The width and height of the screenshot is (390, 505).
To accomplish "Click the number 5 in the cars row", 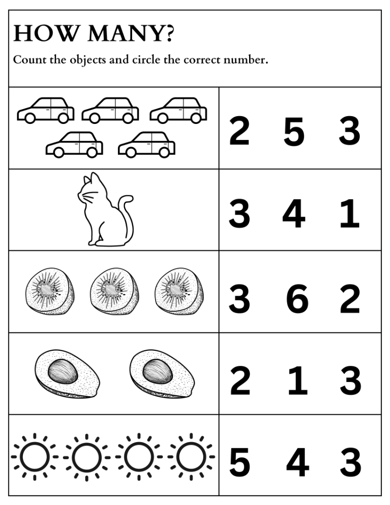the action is click(294, 131).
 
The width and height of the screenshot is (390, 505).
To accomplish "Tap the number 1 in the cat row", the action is click(350, 213).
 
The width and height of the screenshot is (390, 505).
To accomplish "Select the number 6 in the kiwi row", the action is click(297, 299).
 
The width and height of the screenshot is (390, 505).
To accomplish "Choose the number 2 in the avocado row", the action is click(240, 381).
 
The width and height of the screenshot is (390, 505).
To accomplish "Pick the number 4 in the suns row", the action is click(298, 463).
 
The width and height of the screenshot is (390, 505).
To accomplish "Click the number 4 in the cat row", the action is click(294, 213).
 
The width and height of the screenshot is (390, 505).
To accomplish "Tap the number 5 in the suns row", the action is click(240, 463).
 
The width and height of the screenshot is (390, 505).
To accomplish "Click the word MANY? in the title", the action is click(130, 34).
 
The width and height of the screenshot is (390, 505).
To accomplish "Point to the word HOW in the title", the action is click(46, 34).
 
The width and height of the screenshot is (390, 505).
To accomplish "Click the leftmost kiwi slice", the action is click(50, 291).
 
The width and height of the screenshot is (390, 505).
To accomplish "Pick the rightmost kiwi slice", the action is click(179, 291).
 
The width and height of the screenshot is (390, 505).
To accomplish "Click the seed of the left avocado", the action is click(63, 371).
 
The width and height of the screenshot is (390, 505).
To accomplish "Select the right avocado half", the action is click(162, 374).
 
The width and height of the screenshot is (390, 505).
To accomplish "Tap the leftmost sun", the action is click(35, 457).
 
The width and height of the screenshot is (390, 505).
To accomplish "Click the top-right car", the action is click(178, 110).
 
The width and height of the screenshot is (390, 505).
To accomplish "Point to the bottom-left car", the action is click(74, 144).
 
